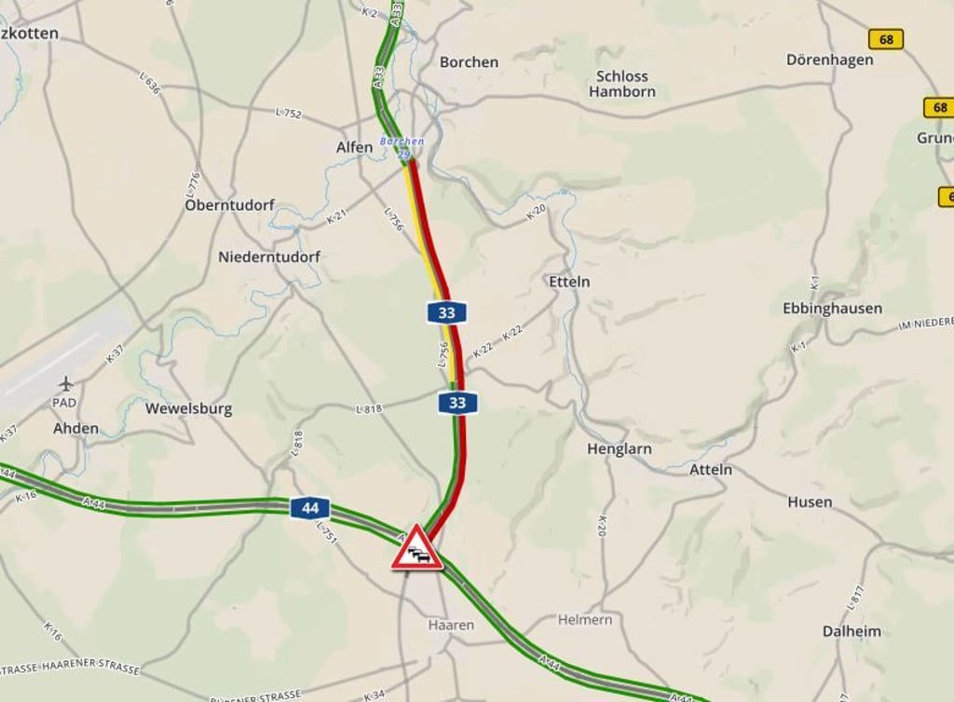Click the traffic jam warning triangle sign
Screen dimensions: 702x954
click(416, 548)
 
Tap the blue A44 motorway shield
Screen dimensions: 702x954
click(309, 508)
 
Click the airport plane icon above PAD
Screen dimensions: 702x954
click(65, 383)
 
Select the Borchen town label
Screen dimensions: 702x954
click(469, 62)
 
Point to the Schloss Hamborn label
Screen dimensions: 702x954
click(621, 84)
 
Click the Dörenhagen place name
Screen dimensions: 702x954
click(829, 60)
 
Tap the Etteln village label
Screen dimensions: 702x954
click(569, 281)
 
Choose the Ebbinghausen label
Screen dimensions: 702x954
click(832, 308)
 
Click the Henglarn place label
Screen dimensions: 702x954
click(619, 448)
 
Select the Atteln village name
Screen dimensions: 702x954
click(710, 469)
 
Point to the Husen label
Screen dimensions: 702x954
click(810, 502)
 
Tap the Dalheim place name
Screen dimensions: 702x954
click(851, 631)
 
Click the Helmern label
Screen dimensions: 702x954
click(586, 619)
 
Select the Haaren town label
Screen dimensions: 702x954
click(451, 625)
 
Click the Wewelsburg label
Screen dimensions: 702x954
click(188, 408)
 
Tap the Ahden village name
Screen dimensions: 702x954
click(75, 428)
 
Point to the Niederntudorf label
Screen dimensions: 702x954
click(269, 256)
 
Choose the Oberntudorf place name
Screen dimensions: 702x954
click(229, 204)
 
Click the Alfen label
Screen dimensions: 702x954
click(354, 147)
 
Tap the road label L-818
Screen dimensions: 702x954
click(369, 408)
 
